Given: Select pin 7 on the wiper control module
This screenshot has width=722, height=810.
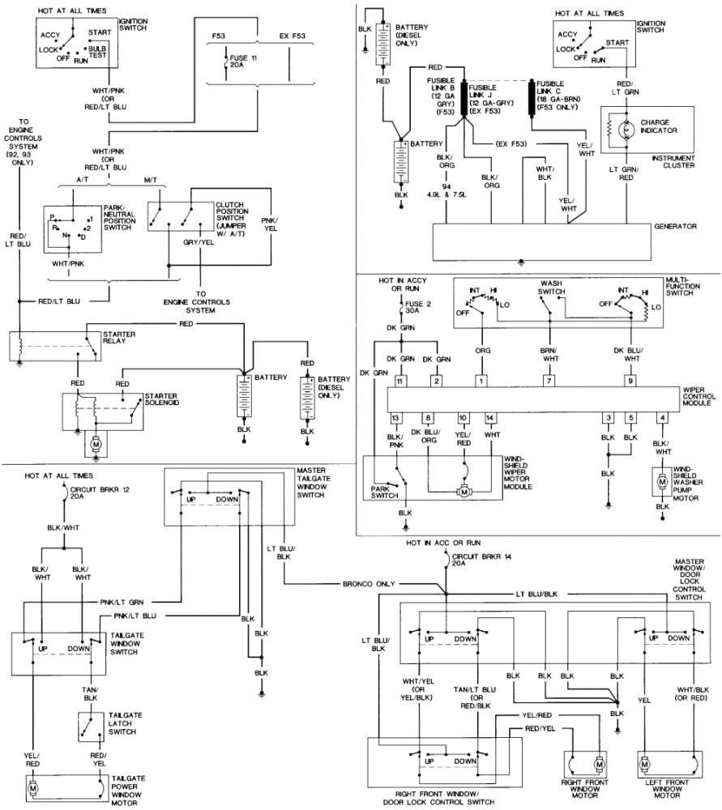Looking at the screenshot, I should tap(548, 380).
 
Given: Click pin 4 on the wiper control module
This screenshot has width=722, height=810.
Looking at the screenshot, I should tap(662, 418).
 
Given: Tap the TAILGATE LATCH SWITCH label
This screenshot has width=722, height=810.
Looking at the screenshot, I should tap(126, 722).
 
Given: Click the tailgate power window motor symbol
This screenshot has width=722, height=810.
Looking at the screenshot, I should tap(34, 787).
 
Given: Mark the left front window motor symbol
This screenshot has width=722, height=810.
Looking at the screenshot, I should tap(646, 762).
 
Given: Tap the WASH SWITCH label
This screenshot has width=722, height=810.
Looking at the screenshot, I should tap(558, 288).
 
